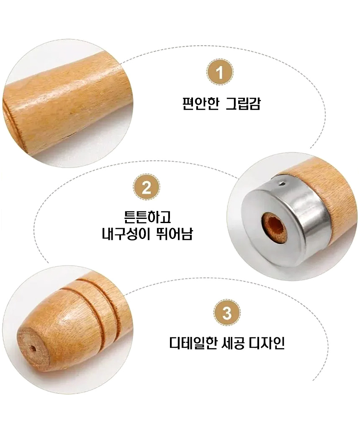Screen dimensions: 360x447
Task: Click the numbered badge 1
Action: point(220,72)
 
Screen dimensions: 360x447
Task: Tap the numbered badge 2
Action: point(146,187)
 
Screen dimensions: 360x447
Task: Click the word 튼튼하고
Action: point(147,217)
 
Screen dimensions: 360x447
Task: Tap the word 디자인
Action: point(267,343)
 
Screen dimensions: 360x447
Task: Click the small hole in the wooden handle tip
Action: point(33,349)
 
